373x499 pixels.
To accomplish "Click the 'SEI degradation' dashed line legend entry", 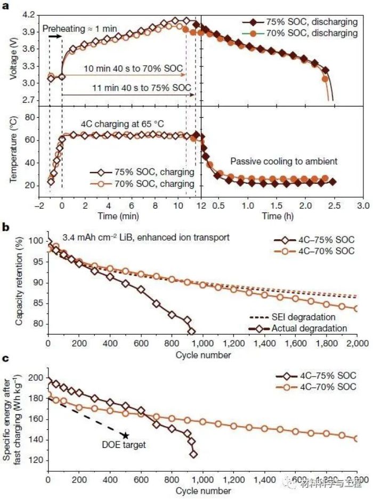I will click(x=302, y=318).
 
